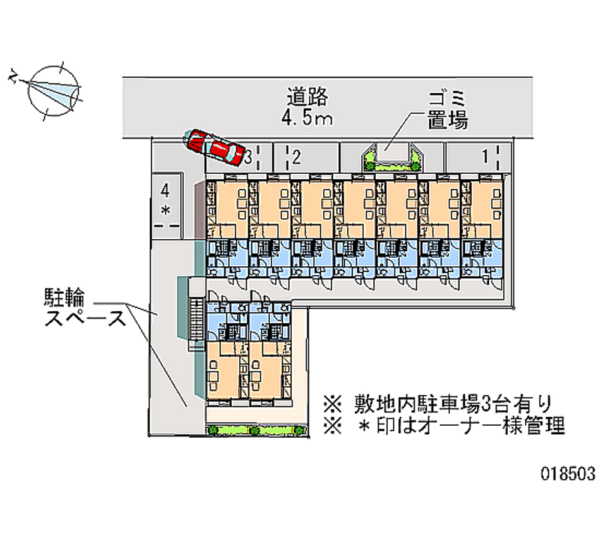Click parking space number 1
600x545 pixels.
pos(485,156)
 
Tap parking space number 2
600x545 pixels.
pos(297,157)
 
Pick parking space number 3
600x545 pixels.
pos(247,157)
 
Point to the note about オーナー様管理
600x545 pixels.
pos(442,427)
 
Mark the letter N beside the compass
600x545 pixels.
pos(13,75)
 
